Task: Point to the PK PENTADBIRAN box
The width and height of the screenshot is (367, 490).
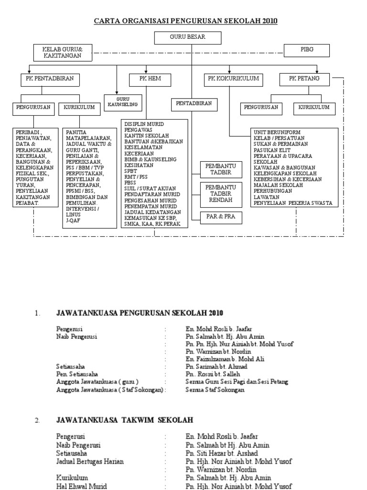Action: [x=50, y=79]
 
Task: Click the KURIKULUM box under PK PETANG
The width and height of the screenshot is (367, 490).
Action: [x=314, y=108]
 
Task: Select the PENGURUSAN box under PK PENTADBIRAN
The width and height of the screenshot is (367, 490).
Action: [x=33, y=109]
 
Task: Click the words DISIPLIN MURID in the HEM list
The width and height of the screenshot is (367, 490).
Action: [x=143, y=124]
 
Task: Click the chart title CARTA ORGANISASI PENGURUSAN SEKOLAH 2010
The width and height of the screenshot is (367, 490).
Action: [x=185, y=21]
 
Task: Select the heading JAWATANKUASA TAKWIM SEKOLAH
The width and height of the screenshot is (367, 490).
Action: [x=125, y=420]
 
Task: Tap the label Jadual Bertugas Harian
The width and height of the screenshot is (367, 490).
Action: [x=90, y=461]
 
